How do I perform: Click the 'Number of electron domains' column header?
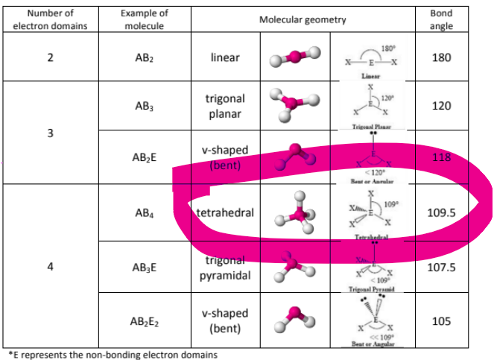pyautogui.click(x=51, y=19)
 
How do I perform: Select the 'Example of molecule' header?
pyautogui.click(x=145, y=19)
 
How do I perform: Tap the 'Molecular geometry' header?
pyautogui.click(x=303, y=19)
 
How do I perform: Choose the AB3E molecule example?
pyautogui.click(x=145, y=267)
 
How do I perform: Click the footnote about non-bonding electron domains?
pyautogui.click(x=112, y=354)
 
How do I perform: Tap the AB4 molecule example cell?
pyautogui.click(x=145, y=212)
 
